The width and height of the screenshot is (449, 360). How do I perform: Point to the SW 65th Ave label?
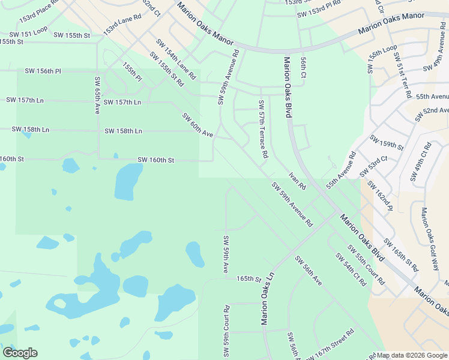(x=96, y=95)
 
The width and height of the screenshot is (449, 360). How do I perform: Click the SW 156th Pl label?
(x=43, y=71)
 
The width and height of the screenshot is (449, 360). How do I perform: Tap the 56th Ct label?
(x=304, y=68)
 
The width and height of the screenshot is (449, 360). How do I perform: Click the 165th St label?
(x=249, y=279)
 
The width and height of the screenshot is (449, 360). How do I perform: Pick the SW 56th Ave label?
(x=308, y=269)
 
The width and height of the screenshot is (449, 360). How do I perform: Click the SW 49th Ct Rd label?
(x=420, y=162)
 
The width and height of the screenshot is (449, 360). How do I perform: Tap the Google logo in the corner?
(x=20, y=353)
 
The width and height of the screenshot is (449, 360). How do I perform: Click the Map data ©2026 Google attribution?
(x=412, y=355)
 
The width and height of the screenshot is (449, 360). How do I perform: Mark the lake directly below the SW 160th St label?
(x=128, y=182)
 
